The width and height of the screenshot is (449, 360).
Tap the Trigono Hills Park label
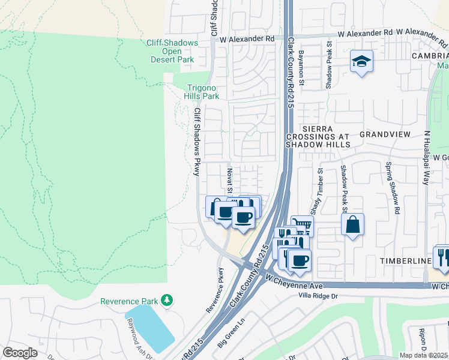pos(202,91)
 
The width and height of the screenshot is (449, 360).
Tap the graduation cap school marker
pos(361,61)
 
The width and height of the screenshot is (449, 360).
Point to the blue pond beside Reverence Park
pos(148,328)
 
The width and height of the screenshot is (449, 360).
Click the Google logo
pos(20,353)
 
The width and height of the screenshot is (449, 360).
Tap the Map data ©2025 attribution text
pos(423,355)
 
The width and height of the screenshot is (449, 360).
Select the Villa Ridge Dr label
pos(319,296)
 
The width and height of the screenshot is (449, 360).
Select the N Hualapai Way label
pos(427,158)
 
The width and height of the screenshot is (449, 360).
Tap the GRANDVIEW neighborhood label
pos(384,134)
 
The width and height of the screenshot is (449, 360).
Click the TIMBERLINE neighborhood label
pos(405,262)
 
